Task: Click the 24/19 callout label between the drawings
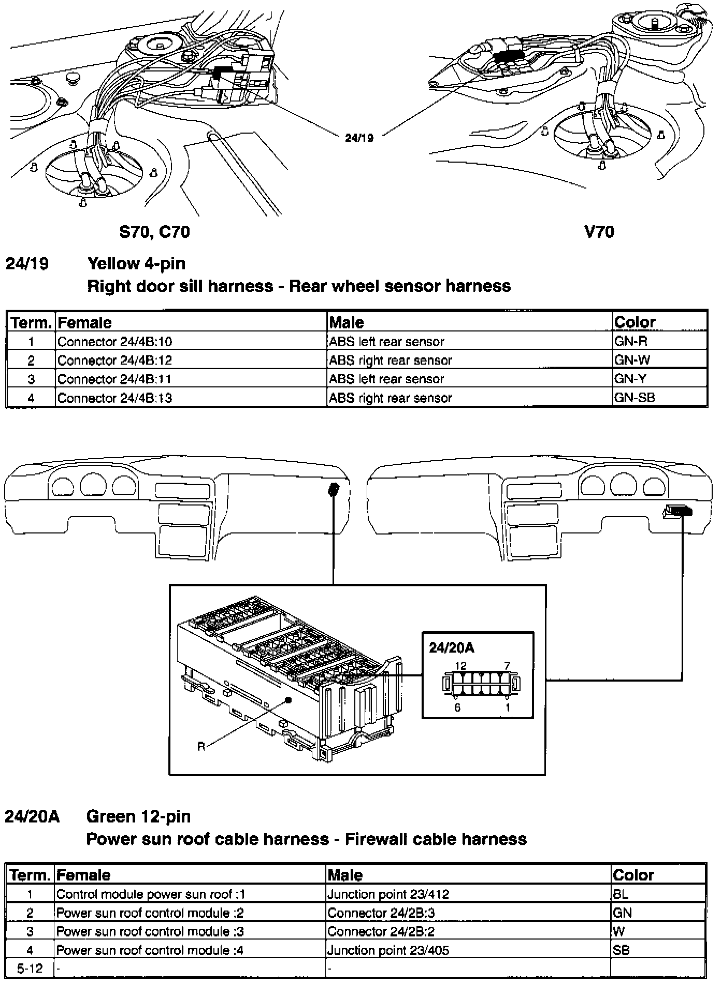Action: point(359,138)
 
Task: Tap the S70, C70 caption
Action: point(154,232)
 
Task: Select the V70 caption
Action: point(599,232)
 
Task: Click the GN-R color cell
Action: point(630,341)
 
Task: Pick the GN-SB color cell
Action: point(634,398)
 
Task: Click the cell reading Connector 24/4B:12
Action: point(114,360)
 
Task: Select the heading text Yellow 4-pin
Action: point(136,264)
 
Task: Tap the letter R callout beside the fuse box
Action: point(201,746)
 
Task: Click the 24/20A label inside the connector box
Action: point(451,647)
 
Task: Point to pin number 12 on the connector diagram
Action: point(460,666)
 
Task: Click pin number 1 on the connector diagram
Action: point(508,707)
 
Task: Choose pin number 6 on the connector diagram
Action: point(457,707)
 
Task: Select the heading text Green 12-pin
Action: point(138,816)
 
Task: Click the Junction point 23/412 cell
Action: point(388,894)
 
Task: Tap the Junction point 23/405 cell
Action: point(388,950)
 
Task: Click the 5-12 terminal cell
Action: point(30,968)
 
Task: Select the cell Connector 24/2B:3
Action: point(381,913)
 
